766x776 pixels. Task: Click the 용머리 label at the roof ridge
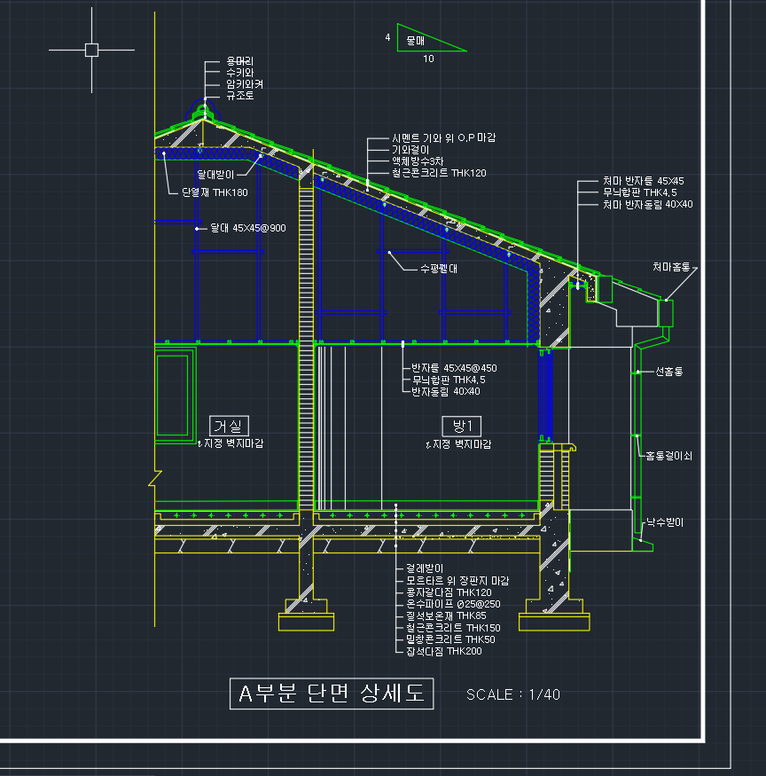coord(239,61)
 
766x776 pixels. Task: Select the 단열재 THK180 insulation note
coord(215,192)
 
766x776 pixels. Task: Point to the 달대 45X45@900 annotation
coord(247,228)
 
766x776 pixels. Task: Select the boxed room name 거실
coord(231,426)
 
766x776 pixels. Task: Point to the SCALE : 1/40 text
coord(513,694)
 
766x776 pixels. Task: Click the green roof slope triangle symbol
coord(431,39)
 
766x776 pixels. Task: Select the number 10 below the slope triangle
coord(428,59)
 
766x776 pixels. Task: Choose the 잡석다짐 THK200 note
coord(443,651)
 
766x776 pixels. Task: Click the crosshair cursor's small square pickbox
coord(91,50)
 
